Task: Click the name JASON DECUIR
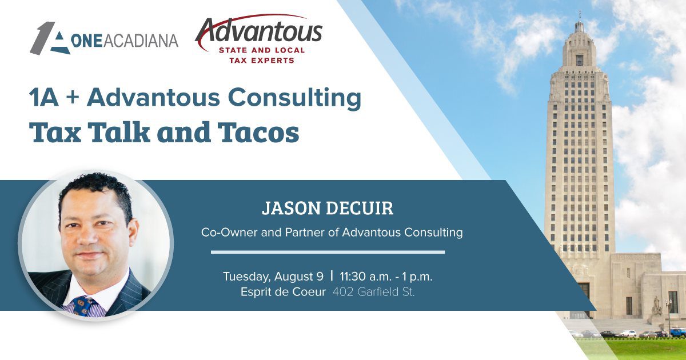(x=328, y=209)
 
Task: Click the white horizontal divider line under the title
(x=328, y=251)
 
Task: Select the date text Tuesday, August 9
(x=273, y=277)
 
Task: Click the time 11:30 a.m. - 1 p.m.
(x=386, y=277)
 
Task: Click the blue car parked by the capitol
(x=677, y=332)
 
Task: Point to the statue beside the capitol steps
(x=656, y=306)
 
